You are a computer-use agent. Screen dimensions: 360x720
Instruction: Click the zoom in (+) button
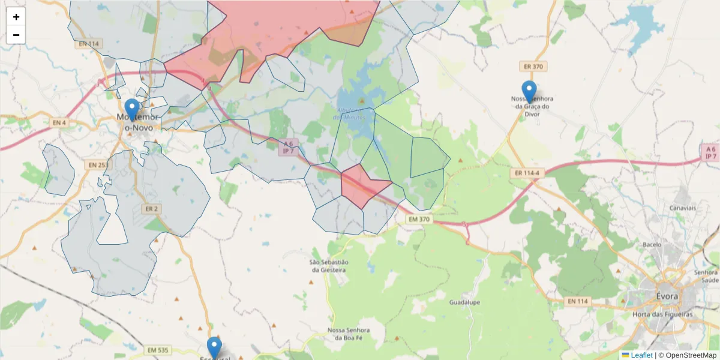tap(16, 17)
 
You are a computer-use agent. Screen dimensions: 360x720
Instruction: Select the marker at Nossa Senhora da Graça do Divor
tap(529, 92)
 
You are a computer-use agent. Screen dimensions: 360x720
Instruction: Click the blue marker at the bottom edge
tap(214, 348)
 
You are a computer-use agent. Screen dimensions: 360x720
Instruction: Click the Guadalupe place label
tap(464, 302)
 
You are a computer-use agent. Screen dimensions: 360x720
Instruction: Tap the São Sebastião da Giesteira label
tap(328, 266)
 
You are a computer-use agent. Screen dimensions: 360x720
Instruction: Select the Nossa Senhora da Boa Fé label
tap(349, 334)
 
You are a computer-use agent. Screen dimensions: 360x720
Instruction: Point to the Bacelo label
tap(652, 245)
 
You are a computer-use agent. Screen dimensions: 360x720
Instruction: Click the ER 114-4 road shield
tap(526, 173)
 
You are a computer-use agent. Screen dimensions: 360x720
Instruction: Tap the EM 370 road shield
tap(419, 220)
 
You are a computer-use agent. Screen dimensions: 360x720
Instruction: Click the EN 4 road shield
tap(59, 123)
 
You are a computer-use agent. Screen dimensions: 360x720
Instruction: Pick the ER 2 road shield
tap(151, 209)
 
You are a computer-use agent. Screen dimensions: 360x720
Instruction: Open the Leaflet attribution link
tap(641, 355)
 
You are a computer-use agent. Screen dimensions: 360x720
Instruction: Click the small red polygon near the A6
tap(362, 186)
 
